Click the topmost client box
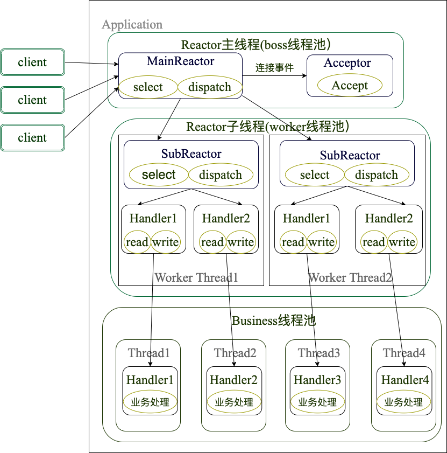(x=32, y=62)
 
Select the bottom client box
(x=32, y=138)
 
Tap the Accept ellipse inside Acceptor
(x=350, y=85)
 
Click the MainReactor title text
(x=180, y=61)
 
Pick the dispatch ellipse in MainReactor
(x=210, y=87)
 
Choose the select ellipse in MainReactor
(x=148, y=87)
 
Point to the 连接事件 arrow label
(x=274, y=68)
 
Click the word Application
(x=132, y=25)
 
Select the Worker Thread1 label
(x=196, y=278)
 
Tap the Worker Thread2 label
(x=350, y=278)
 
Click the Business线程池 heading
(x=273, y=321)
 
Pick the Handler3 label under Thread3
(x=317, y=380)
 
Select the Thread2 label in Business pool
(x=235, y=353)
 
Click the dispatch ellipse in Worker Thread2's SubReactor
(x=376, y=175)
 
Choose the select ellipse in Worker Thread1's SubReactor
(x=159, y=175)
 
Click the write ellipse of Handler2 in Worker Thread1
(x=240, y=242)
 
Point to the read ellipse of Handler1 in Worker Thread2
(x=293, y=242)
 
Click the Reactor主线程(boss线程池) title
(x=256, y=45)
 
